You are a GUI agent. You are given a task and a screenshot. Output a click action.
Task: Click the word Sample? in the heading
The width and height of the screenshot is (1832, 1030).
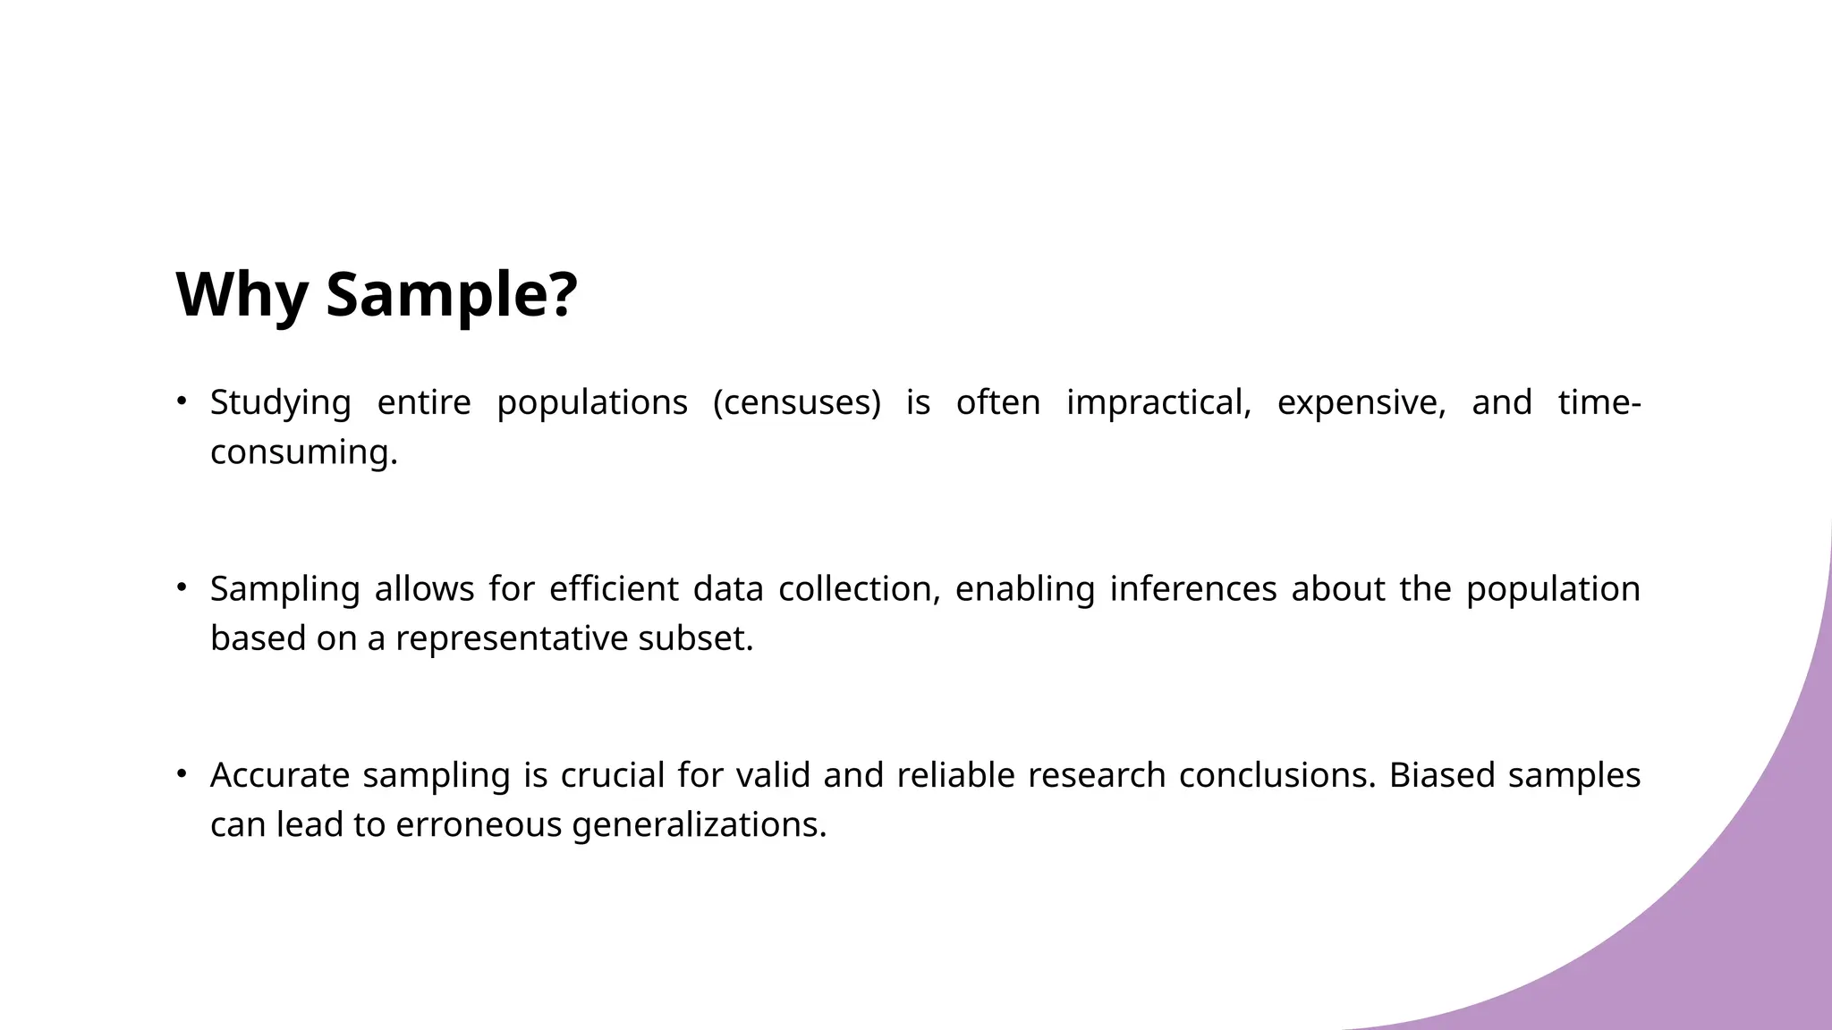[452, 294]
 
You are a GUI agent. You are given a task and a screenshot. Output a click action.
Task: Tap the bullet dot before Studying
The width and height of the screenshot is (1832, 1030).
[181, 401]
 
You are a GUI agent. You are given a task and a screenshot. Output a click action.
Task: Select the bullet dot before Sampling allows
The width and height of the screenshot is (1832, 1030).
[181, 587]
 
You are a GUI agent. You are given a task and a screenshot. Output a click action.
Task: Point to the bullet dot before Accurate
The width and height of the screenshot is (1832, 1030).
[181, 773]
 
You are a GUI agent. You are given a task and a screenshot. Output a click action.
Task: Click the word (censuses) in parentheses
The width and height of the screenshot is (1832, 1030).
[796, 402]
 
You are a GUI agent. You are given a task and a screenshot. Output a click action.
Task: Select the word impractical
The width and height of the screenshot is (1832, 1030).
[1158, 402]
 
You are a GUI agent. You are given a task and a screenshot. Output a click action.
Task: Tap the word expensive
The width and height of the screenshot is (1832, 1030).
[1361, 402]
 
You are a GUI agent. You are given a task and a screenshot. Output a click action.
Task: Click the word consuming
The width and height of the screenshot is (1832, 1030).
[303, 452]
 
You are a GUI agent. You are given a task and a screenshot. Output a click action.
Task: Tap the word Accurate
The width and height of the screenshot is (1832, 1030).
[279, 774]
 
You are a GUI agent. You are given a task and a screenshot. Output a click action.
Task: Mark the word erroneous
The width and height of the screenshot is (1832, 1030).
[478, 823]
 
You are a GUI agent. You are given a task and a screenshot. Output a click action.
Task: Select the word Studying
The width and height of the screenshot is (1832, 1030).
[280, 402]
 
